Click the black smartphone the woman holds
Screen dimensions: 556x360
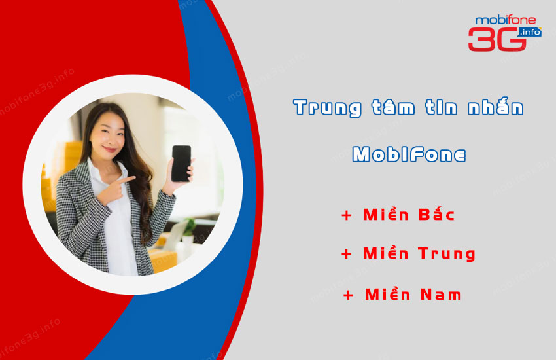[x=181, y=163]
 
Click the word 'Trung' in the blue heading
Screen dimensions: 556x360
[x=327, y=108]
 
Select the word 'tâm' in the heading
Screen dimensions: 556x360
[x=393, y=107]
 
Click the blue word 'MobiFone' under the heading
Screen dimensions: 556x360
[x=409, y=154]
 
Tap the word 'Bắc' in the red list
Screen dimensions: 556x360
[x=436, y=214]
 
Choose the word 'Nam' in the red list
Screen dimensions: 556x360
[x=441, y=295]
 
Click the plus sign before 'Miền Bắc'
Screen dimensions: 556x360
[x=347, y=215]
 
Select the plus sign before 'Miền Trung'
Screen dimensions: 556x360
[x=347, y=253]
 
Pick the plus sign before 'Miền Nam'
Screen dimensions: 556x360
[x=348, y=295]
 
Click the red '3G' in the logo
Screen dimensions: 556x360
[x=496, y=39]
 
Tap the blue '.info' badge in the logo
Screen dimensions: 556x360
[x=530, y=32]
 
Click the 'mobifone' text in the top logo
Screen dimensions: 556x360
[x=505, y=20]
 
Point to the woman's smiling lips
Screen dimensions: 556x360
[x=110, y=149]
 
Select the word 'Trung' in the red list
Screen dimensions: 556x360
[x=446, y=254]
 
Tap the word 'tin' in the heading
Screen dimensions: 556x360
[x=441, y=107]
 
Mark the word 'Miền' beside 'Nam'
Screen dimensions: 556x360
[x=388, y=294]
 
